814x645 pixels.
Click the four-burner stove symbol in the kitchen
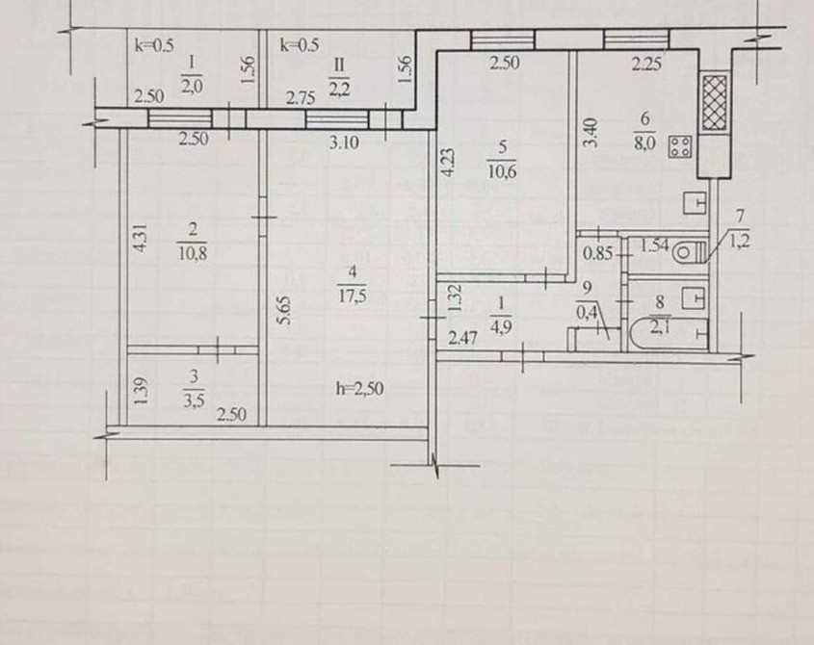click(x=680, y=146)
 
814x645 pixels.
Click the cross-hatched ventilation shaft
click(x=715, y=103)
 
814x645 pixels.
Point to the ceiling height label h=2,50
click(x=359, y=389)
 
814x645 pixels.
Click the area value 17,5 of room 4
click(x=353, y=297)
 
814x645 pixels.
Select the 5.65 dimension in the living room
click(x=284, y=310)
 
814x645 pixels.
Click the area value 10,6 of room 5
click(x=502, y=170)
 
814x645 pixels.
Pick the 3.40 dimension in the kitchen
click(x=591, y=133)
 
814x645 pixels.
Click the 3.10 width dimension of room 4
click(x=344, y=142)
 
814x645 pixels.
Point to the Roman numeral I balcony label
click(x=192, y=63)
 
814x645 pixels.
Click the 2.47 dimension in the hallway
click(x=463, y=339)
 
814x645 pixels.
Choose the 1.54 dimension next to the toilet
click(x=654, y=245)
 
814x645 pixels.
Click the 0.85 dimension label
click(x=597, y=254)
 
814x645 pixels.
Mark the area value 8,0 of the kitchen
click(x=644, y=143)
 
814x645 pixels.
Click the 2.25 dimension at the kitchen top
click(x=646, y=64)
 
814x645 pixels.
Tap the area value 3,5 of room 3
click(x=194, y=400)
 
